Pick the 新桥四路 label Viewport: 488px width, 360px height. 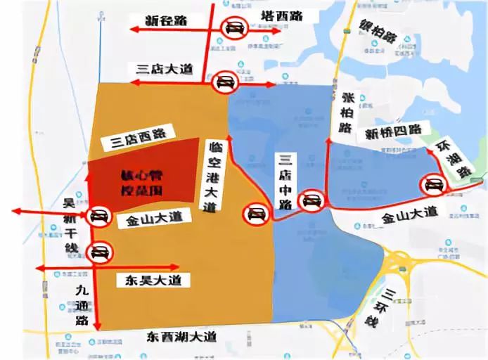(393, 131)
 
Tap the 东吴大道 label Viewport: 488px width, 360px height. (149, 280)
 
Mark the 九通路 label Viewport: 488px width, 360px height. (79, 300)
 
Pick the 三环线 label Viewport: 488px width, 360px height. (377, 307)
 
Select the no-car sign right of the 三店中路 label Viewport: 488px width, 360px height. (309, 201)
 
